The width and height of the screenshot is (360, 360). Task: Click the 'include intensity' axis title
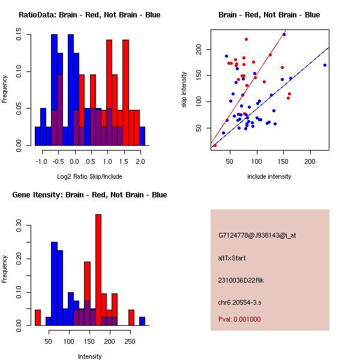[269, 176]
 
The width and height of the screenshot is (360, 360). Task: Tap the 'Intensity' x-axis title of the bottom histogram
[90, 356]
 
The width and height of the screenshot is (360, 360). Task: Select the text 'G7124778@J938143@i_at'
[257, 235]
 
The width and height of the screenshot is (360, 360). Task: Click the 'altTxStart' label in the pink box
[232, 258]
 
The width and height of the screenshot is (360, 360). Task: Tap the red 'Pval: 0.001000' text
[239, 319]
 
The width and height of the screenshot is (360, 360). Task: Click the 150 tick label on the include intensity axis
[283, 162]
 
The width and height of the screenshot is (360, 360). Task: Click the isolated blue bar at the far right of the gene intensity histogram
[142, 321]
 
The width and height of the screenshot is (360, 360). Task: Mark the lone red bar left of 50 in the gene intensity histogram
[38, 317]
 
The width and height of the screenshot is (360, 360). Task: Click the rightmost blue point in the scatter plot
[325, 65]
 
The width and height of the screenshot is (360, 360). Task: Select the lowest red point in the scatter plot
[215, 145]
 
